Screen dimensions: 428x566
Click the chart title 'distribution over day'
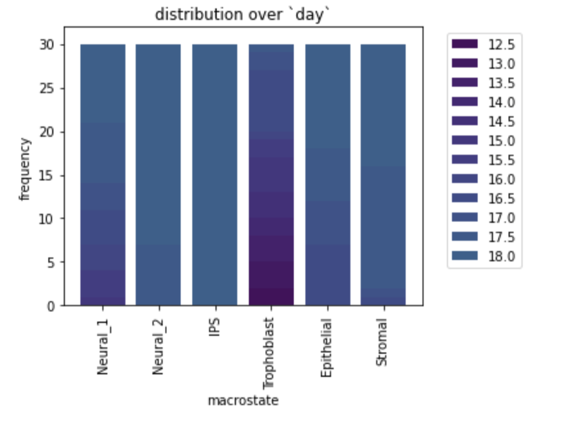point(243,15)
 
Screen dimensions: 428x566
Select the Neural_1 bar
point(103,175)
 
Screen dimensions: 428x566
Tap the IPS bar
point(214,175)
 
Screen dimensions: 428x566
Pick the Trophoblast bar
point(271,175)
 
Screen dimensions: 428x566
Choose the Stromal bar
point(383,175)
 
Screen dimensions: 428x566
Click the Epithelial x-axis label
point(327,348)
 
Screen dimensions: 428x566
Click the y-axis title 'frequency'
point(25,169)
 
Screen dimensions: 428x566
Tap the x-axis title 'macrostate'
point(243,401)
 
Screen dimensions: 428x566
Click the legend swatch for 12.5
point(464,44)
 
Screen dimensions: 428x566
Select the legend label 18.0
point(501,256)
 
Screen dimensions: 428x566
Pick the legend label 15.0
point(501,141)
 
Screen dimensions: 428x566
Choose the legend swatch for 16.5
point(464,198)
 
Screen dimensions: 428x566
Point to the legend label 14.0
point(501,102)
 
